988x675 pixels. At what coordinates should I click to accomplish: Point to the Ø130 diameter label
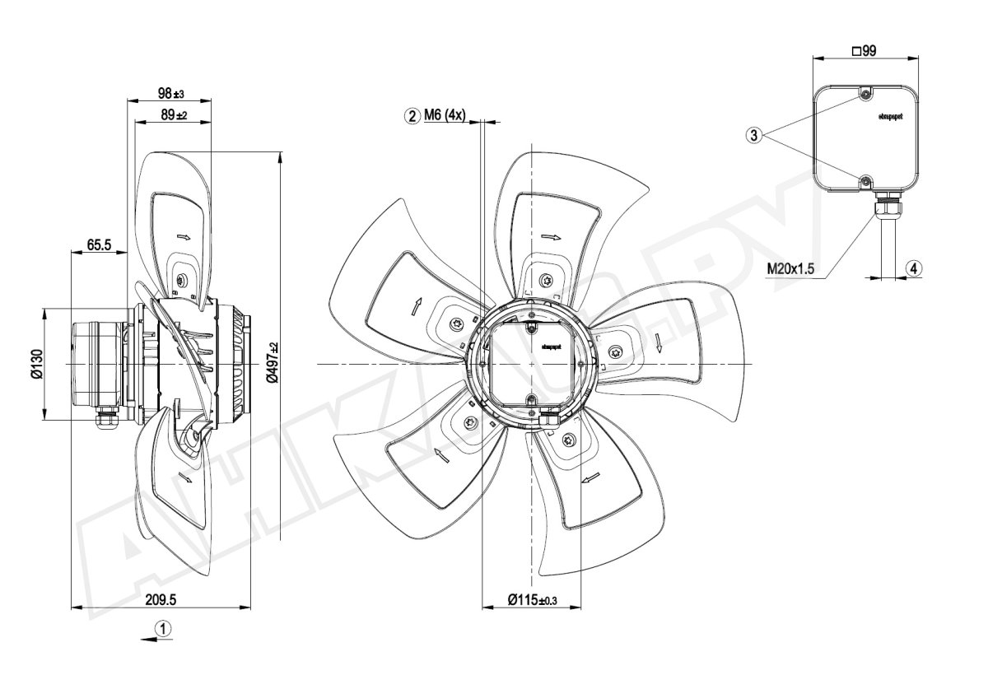click(37, 364)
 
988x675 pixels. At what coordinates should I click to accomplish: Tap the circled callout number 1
click(165, 629)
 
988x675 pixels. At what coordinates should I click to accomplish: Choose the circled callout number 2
click(411, 116)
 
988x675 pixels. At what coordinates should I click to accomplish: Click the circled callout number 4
click(914, 268)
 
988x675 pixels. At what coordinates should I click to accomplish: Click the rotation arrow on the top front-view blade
click(550, 236)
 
